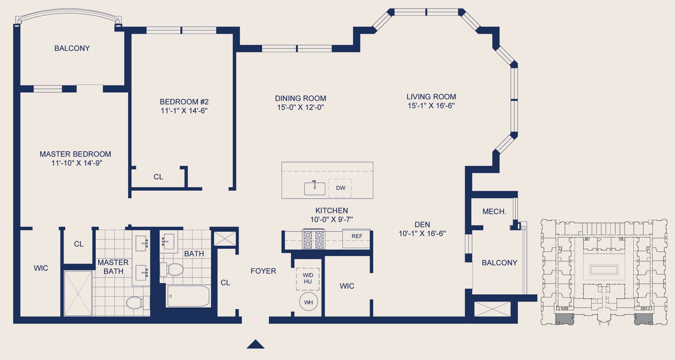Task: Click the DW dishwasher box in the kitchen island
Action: coord(340,188)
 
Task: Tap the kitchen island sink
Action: coord(315,188)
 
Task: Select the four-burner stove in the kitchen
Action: coord(314,239)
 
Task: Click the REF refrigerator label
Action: coord(357,236)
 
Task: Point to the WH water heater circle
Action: coord(308,302)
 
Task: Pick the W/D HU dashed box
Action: coord(308,279)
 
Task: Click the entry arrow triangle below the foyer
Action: coord(255,344)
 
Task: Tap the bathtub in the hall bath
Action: coord(188,296)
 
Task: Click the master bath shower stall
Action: coord(78,293)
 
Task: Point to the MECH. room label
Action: coord(494,212)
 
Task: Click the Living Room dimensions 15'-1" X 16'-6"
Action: coord(431,106)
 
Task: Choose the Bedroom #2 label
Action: coord(184,102)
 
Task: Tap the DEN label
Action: coord(422,225)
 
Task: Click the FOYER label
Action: coord(263,271)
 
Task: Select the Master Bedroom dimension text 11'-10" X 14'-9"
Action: coord(77,163)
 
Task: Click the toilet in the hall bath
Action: coord(172,269)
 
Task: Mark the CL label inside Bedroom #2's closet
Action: coord(158,177)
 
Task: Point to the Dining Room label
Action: coord(300,98)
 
